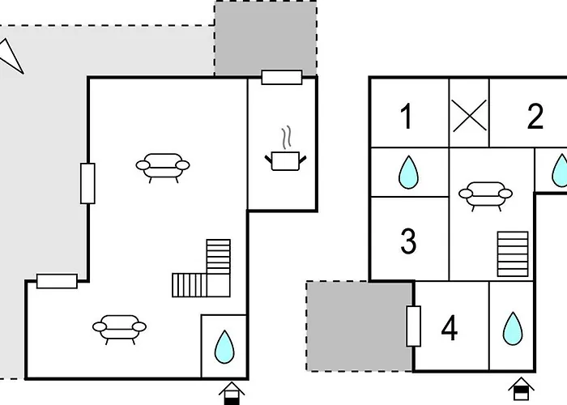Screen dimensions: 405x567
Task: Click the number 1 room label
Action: (407, 117)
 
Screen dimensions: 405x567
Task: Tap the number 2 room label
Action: (535, 117)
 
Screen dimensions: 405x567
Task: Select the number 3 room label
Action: (408, 241)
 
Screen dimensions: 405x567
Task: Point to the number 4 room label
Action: (450, 328)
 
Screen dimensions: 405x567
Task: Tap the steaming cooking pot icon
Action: (284, 153)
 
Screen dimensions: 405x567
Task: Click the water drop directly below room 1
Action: (409, 172)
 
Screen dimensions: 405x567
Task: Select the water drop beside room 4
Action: (512, 329)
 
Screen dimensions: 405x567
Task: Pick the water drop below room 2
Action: (559, 171)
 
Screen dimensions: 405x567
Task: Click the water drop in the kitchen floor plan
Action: (223, 346)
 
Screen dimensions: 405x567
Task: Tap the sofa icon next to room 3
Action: (485, 194)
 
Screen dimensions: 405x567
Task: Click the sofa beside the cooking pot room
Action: (163, 166)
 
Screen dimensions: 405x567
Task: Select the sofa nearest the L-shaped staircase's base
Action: (120, 327)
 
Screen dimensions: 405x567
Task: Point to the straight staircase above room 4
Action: (510, 250)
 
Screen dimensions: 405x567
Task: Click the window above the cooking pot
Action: (282, 77)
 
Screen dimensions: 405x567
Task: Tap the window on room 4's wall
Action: (414, 326)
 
